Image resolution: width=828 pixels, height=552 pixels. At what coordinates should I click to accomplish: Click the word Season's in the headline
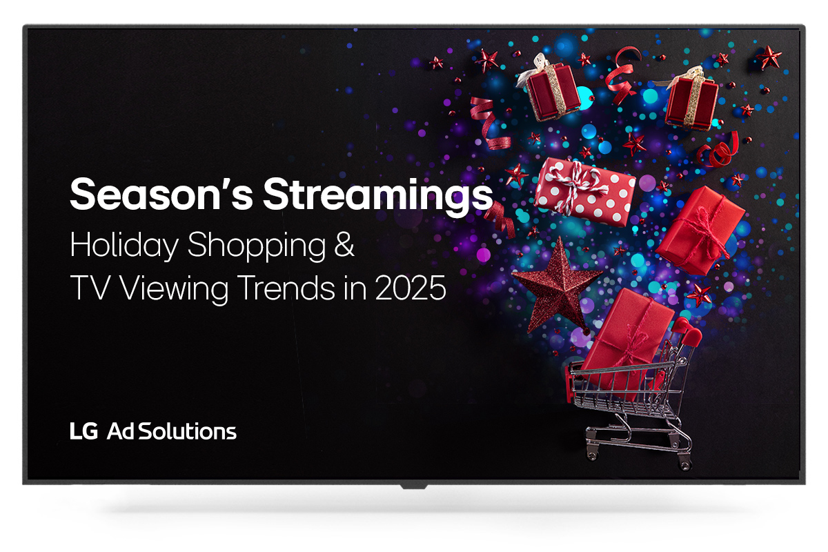tap(161, 195)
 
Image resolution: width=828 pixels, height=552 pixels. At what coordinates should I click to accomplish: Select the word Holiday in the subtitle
tap(124, 246)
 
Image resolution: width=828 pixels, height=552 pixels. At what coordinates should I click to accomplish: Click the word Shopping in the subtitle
tap(257, 246)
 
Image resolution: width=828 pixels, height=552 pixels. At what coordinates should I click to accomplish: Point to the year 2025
tap(411, 288)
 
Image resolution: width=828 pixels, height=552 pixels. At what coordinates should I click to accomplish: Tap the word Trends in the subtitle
tap(287, 288)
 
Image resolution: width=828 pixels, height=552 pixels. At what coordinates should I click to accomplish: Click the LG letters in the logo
tap(84, 431)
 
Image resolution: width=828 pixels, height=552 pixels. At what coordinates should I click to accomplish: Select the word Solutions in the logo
tap(188, 431)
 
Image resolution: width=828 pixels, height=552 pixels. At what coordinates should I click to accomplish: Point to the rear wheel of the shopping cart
tap(685, 464)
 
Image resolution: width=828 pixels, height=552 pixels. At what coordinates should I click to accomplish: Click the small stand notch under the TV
tap(414, 486)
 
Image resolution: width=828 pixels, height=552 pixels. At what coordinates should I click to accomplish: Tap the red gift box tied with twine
tap(700, 230)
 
